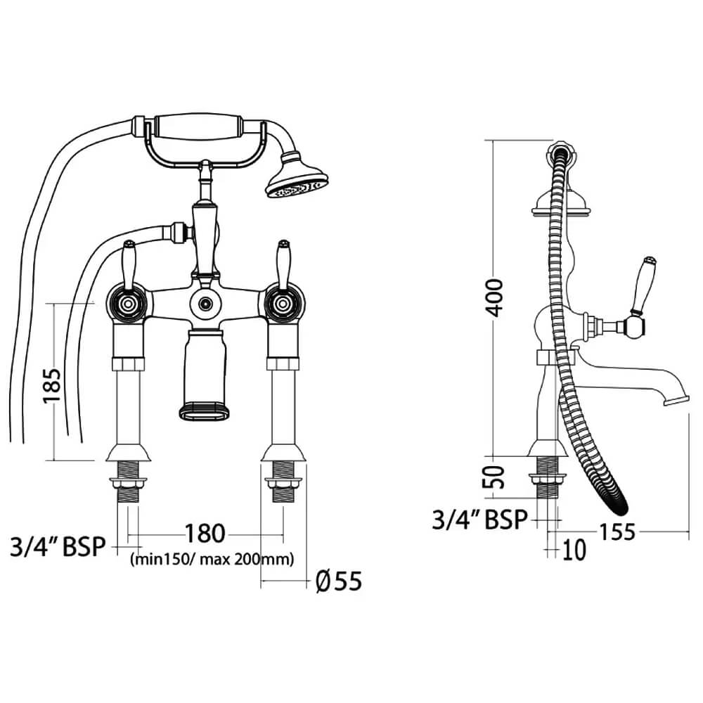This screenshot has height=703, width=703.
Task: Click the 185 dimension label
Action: [x=52, y=386]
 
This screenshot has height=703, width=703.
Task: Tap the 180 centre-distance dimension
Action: [x=205, y=534]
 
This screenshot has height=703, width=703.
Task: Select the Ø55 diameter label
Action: [x=339, y=581]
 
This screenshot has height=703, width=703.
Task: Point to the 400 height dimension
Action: [x=494, y=297]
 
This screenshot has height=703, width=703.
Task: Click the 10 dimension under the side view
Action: [x=574, y=550]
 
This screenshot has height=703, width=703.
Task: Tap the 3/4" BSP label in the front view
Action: [x=58, y=546]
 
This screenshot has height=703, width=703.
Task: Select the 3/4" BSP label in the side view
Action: [x=479, y=520]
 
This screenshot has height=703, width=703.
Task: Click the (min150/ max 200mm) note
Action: [x=212, y=560]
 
